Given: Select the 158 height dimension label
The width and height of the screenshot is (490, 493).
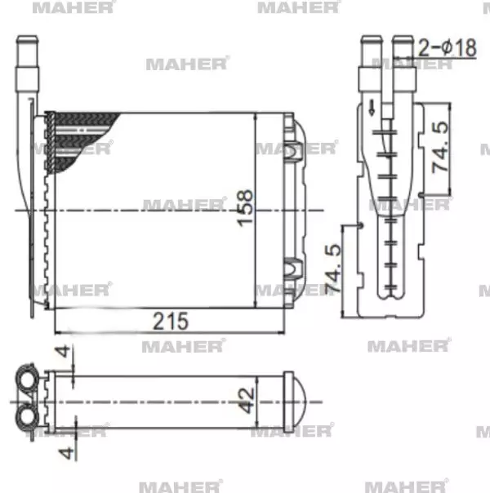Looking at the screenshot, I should pos(244,210).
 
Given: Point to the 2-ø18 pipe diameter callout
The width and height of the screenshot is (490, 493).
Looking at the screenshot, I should pos(447,47).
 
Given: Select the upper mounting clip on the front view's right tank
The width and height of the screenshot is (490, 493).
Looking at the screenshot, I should pos(293,149).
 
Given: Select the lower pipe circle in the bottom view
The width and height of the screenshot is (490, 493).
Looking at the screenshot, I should pos(27,417).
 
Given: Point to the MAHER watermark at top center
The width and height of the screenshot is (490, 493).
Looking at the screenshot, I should pos(297,8).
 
